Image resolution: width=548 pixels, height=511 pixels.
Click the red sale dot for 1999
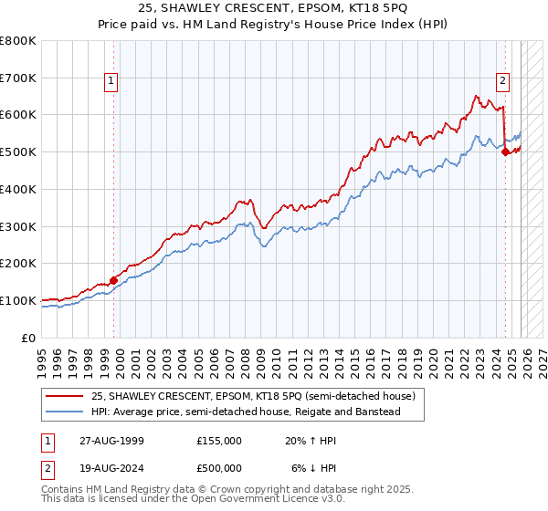pos(113,280)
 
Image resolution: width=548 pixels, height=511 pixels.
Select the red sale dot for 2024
pos(506,152)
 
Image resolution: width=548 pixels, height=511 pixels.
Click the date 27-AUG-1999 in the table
pos(110,441)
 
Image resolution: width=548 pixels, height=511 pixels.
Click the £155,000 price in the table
pos(219,441)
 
